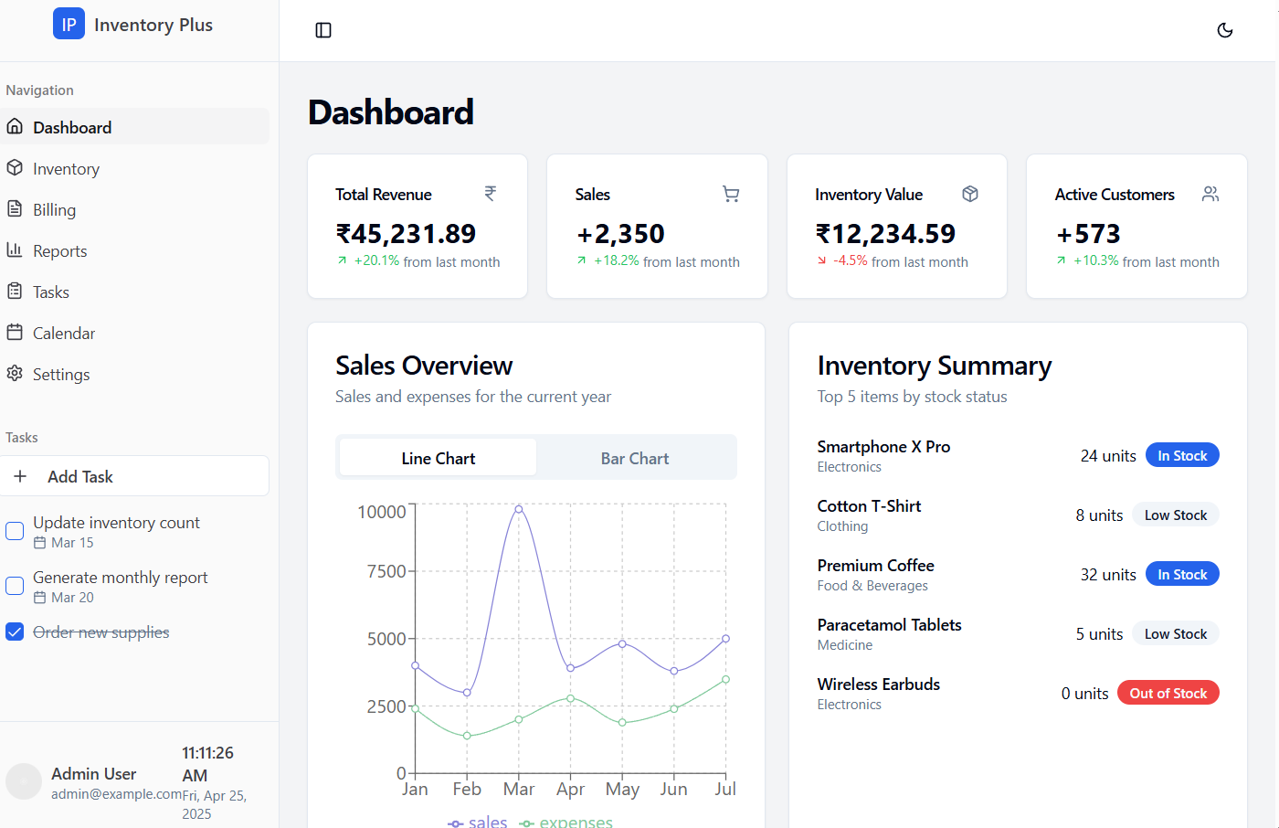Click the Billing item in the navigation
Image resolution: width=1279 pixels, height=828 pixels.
54,210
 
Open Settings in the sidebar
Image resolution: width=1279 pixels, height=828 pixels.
60,375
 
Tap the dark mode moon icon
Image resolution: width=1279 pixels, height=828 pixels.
1224,30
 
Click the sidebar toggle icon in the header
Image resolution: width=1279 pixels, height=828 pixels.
323,30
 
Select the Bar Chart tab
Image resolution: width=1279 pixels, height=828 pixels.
634,458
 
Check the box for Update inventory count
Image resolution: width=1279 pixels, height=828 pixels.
15,530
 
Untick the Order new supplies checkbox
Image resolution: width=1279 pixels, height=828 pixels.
15,632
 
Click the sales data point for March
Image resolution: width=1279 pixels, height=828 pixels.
519,509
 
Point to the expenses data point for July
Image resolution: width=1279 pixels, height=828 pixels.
725,680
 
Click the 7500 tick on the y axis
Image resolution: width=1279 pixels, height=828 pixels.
386,571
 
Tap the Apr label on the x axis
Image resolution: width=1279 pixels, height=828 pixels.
570,790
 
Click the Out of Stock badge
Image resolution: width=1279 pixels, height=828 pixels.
1168,693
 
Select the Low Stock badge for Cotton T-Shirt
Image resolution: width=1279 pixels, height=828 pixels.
1176,515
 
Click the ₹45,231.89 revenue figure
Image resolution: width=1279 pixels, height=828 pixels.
406,234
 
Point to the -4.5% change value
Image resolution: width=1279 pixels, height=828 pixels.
851,261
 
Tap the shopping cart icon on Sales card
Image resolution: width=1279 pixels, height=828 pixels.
731,194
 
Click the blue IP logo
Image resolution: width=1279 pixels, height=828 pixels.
69,24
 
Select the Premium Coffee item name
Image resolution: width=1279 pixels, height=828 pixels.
875,566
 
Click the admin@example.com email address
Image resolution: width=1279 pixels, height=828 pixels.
116,794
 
